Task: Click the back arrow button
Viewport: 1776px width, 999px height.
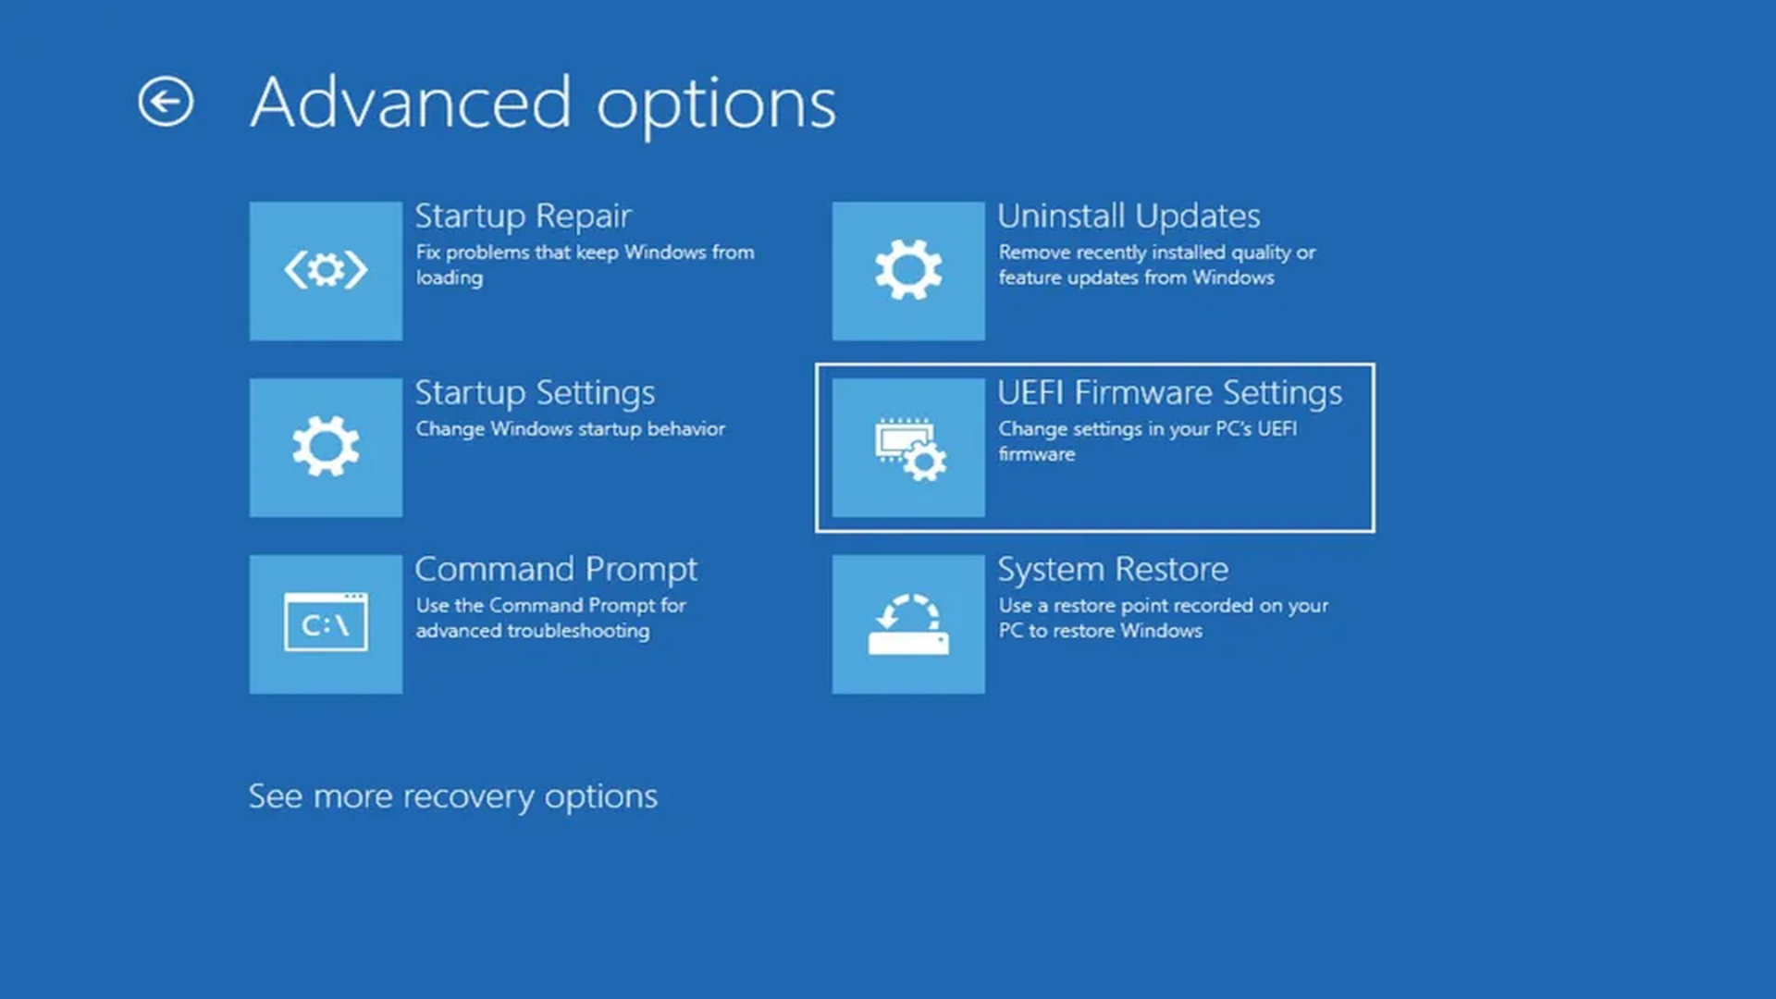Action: [166, 101]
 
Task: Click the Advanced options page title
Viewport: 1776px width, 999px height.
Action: [544, 103]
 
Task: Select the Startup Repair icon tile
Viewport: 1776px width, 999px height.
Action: [326, 271]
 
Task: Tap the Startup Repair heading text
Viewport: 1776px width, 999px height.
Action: [524, 216]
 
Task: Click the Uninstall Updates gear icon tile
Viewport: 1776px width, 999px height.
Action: [908, 271]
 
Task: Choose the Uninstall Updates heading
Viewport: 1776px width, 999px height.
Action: [1128, 216]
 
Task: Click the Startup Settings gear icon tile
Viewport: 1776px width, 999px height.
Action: [326, 448]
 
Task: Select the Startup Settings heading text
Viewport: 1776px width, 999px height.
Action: [535, 393]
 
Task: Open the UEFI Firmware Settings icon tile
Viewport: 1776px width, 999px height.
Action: [908, 448]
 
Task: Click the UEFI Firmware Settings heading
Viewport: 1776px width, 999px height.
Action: [1170, 393]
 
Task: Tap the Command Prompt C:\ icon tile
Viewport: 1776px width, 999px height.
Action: [326, 624]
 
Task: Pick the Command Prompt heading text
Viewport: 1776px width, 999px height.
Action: [556, 570]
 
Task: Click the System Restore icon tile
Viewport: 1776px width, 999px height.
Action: [908, 624]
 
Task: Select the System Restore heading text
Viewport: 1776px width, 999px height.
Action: [1113, 570]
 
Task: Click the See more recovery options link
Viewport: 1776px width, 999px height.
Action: [453, 796]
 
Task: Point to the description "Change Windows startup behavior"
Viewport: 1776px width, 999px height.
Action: [571, 429]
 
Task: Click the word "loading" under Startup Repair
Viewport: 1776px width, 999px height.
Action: [450, 278]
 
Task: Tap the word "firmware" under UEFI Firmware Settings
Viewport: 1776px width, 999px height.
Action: [1037, 454]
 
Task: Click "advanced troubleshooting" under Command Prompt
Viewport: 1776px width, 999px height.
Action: [533, 631]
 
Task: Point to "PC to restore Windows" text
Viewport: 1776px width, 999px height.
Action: [1101, 631]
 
